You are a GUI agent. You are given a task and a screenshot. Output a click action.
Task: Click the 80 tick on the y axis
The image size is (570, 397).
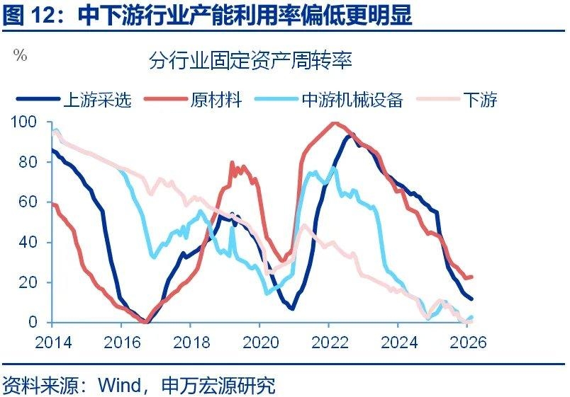(28, 162)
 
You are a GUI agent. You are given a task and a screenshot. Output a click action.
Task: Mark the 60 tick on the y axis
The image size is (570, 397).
(28, 202)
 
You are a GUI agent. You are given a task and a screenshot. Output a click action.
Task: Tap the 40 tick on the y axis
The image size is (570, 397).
(28, 242)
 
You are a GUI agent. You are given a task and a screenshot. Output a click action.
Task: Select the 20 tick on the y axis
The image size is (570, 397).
(28, 282)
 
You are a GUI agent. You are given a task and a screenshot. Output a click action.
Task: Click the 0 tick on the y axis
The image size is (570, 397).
(32, 322)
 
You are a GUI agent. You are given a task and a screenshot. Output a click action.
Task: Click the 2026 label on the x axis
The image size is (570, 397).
(466, 342)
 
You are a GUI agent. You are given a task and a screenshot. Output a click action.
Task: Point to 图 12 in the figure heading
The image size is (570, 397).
(27, 15)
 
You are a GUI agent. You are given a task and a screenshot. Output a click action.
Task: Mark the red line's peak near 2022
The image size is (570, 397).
(333, 123)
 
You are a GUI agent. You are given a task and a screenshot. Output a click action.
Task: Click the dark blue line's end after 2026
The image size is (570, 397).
(472, 299)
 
